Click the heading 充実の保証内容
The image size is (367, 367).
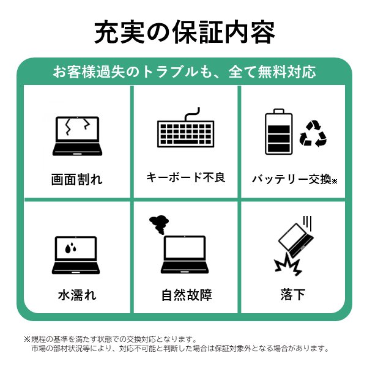(185, 32)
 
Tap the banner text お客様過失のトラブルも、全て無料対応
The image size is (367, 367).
(185, 72)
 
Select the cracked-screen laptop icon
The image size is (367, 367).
(77, 136)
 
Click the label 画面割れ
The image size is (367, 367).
(77, 179)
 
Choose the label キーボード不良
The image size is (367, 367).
(186, 177)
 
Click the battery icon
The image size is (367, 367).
(278, 132)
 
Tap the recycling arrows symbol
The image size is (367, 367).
(313, 133)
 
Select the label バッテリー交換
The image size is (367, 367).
(292, 179)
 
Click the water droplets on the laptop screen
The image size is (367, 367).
(71, 248)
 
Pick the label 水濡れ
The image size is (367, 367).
(77, 295)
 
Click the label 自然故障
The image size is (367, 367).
(187, 295)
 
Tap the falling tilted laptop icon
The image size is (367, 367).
(296, 240)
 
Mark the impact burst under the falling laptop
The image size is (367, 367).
(288, 264)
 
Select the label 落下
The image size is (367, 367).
(293, 294)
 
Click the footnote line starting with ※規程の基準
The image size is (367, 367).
(110, 339)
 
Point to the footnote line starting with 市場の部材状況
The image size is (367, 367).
(180, 349)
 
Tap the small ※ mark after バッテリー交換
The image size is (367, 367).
(335, 181)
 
